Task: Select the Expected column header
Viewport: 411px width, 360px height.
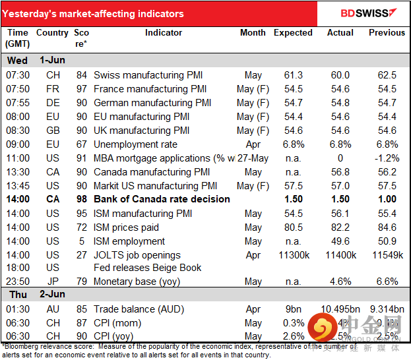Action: pos(293,32)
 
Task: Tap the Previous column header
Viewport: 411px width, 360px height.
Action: pos(387,32)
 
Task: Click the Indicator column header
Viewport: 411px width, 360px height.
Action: pos(164,32)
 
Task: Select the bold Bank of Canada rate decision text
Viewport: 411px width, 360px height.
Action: pos(162,199)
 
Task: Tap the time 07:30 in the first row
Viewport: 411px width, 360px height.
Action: pos(18,75)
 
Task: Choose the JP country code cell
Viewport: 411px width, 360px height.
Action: pos(53,282)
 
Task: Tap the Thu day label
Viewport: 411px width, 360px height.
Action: pos(17,295)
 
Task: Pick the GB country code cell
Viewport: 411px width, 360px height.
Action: pos(53,131)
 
